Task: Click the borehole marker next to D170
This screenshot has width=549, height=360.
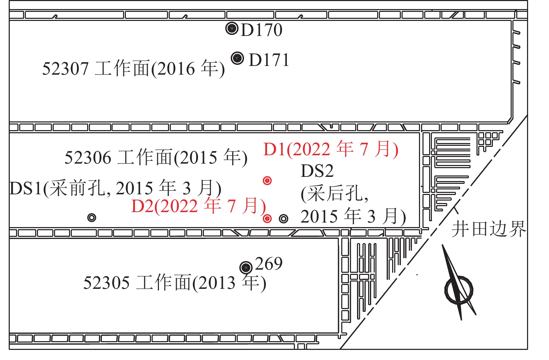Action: (x=231, y=29)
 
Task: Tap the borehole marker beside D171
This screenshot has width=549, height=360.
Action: (x=237, y=58)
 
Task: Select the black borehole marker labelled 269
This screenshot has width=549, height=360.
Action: (x=246, y=268)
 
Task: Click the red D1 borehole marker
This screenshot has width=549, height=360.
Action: (x=267, y=181)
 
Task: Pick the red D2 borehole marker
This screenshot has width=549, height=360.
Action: (x=267, y=218)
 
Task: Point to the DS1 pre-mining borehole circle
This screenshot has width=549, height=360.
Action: (x=92, y=218)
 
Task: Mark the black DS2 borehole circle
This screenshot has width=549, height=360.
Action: (x=284, y=218)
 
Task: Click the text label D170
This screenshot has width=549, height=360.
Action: (x=261, y=30)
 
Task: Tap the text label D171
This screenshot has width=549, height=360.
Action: (x=269, y=60)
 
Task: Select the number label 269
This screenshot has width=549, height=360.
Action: (x=269, y=264)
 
